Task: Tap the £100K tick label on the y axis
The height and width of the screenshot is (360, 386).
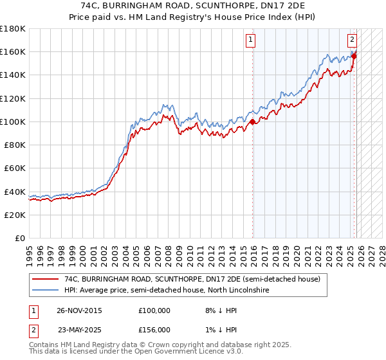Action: point(13,122)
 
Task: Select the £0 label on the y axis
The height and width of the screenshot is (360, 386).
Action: point(21,238)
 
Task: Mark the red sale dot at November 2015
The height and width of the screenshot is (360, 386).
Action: point(253,122)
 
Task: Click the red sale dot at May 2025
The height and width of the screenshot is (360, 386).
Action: point(354,56)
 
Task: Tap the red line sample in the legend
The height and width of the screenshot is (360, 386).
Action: point(45,280)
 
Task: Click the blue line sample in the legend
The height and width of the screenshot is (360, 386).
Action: point(45,291)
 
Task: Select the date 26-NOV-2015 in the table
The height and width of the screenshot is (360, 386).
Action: point(79,310)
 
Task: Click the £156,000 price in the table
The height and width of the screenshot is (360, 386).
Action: point(154,330)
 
